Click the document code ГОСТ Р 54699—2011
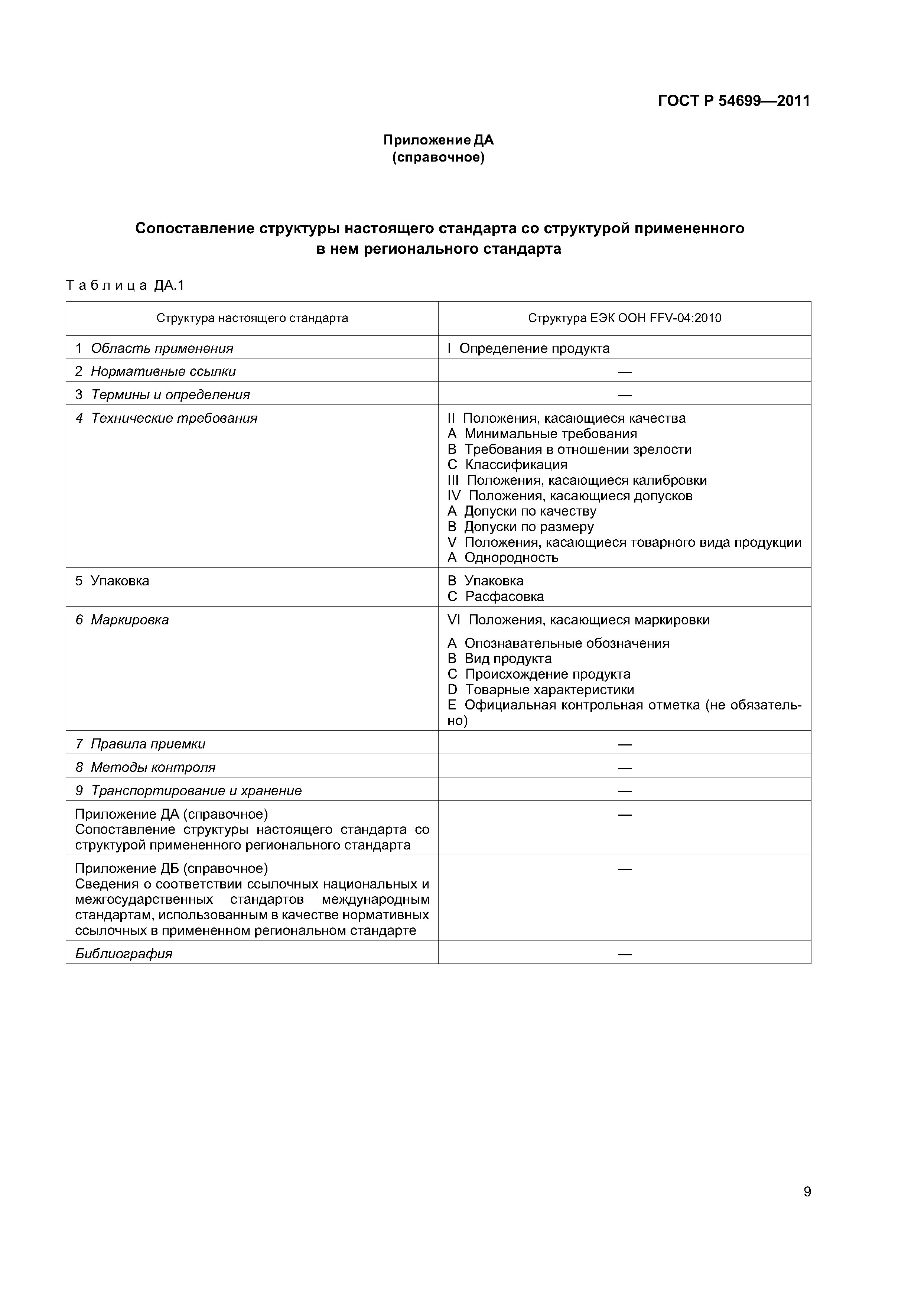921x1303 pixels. pos(734,101)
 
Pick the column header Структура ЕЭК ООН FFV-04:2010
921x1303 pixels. pos(624,318)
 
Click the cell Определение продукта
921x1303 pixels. pos(534,348)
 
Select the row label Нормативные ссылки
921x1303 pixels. pos(163,372)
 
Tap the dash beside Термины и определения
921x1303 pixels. pos(624,395)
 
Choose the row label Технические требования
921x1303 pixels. pos(174,418)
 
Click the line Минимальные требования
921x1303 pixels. pos(550,434)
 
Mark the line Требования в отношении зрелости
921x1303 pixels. pos(578,449)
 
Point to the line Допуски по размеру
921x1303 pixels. pos(528,527)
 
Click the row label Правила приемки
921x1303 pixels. pos(147,744)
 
